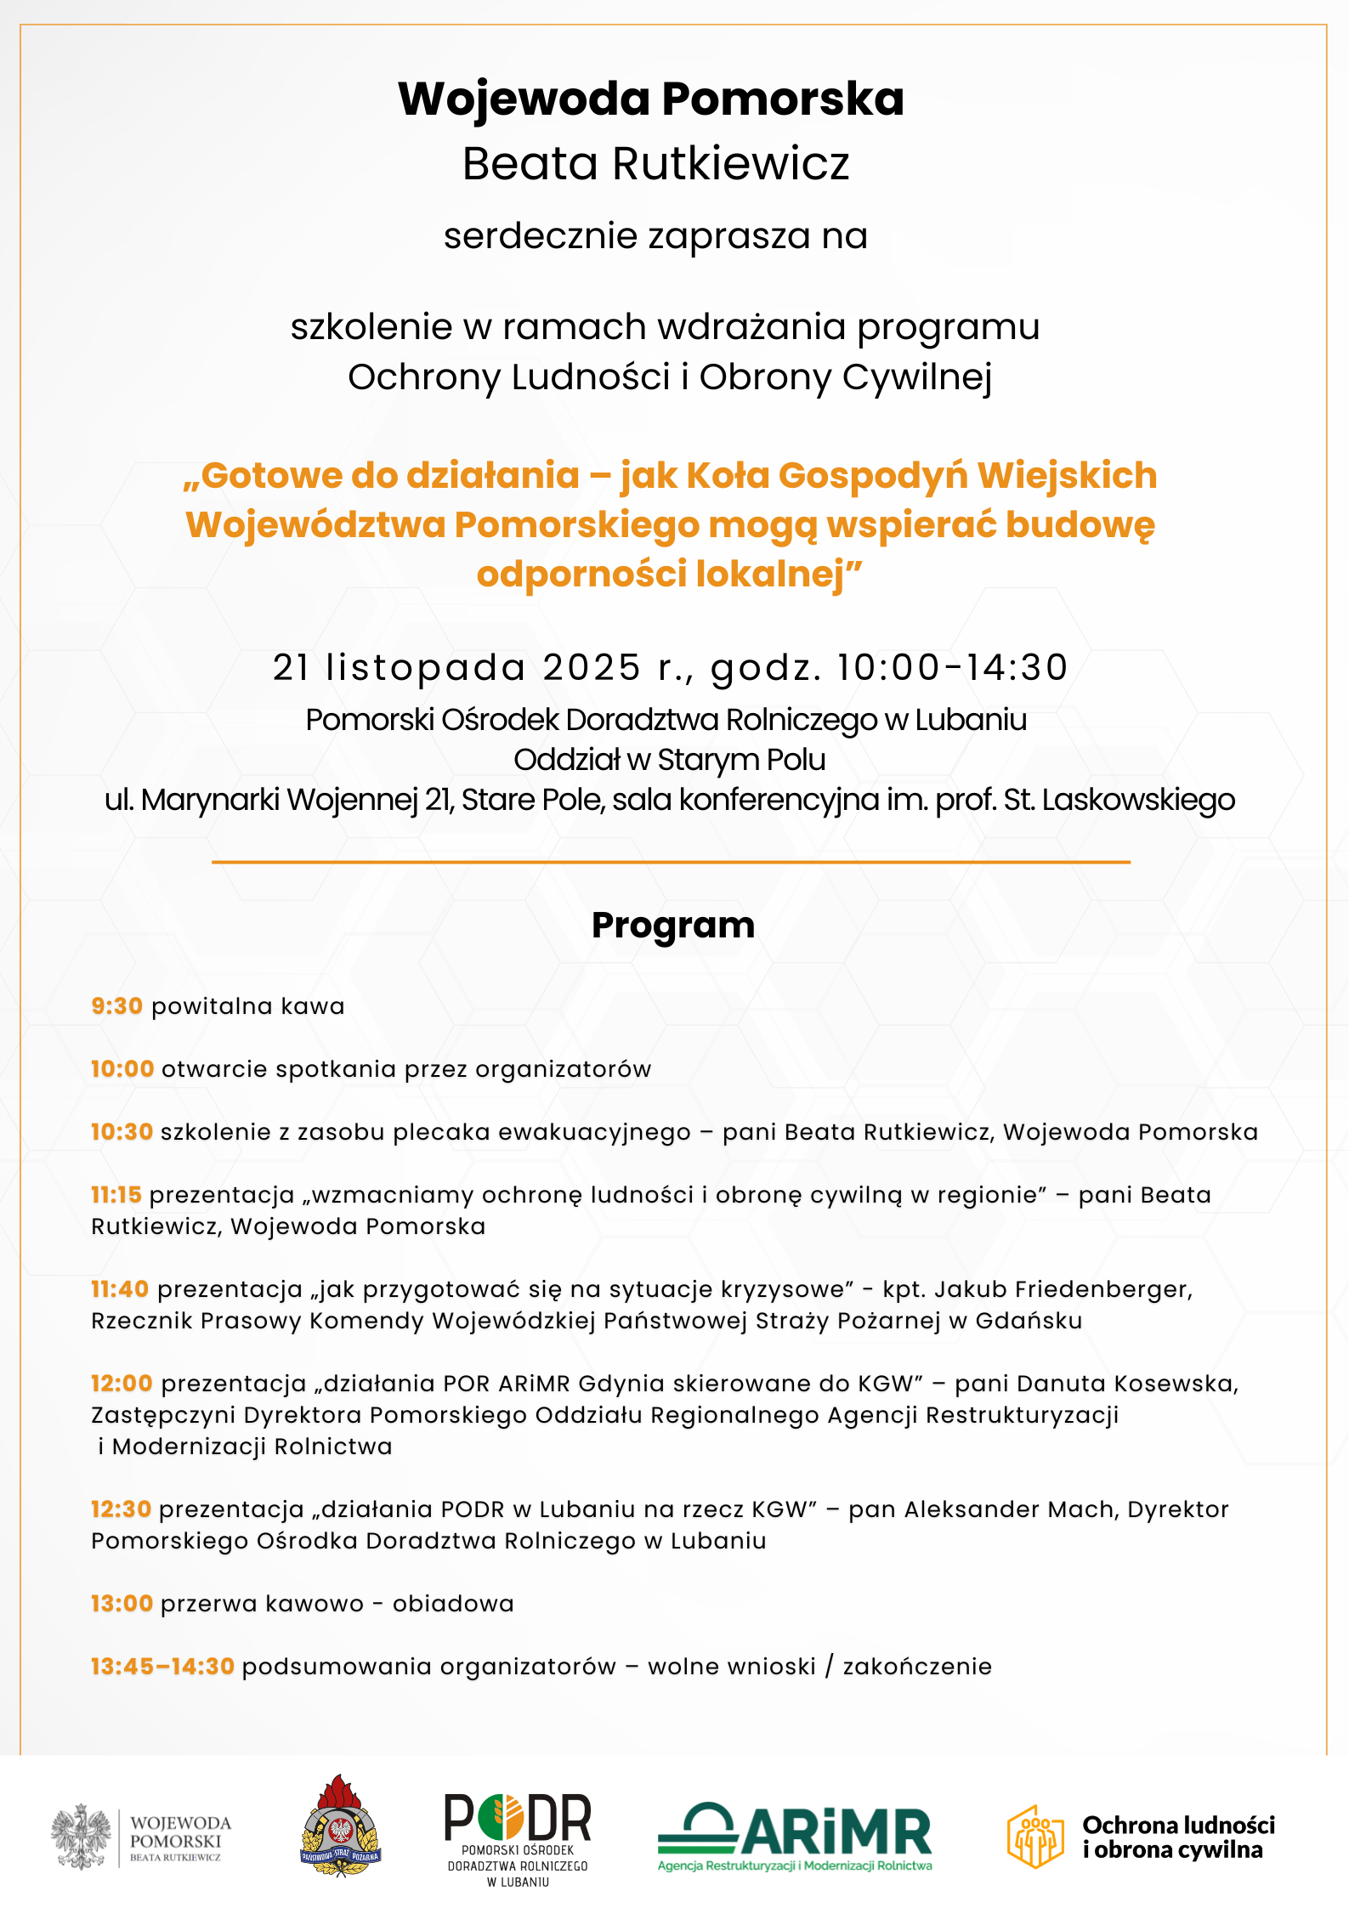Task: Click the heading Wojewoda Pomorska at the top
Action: (x=651, y=99)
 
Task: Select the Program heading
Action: (x=673, y=926)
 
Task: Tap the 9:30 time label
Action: (x=116, y=1006)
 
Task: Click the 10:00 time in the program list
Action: (x=122, y=1069)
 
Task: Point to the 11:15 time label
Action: (x=116, y=1195)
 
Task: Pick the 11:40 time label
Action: (x=120, y=1289)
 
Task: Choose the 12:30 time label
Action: (x=122, y=1509)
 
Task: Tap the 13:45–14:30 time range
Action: (x=162, y=1667)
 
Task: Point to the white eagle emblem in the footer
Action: (x=81, y=1837)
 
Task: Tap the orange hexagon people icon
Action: (x=1034, y=1837)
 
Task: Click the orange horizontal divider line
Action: (x=671, y=863)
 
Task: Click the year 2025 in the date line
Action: (x=592, y=668)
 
